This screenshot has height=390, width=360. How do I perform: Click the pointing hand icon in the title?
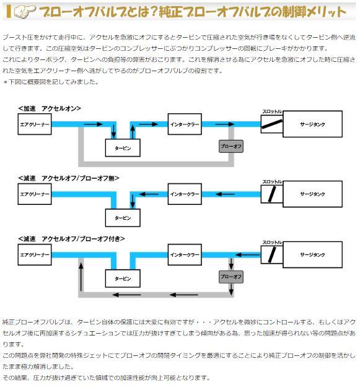(25, 11)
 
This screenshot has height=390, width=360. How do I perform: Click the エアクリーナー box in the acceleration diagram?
(35, 124)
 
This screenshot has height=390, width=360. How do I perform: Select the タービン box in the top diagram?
(123, 148)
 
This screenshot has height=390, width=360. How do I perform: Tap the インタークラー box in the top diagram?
(185, 124)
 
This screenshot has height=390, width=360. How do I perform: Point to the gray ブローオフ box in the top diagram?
(231, 146)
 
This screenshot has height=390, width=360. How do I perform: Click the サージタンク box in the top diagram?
(313, 124)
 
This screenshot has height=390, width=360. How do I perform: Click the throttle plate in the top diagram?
(272, 124)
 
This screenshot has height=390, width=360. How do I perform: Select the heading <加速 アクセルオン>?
(50, 108)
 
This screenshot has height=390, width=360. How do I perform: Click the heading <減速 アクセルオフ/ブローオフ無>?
(68, 178)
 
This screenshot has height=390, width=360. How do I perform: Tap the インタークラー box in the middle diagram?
(185, 194)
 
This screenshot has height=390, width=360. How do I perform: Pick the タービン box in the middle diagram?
(123, 218)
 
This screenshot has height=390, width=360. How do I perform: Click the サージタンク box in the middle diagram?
(313, 194)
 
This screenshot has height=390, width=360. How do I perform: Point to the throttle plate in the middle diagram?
(272, 194)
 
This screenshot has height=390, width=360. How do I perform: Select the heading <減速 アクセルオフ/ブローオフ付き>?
(71, 239)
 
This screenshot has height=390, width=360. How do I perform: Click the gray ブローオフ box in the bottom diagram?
(231, 277)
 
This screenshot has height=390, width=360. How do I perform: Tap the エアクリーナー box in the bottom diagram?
(35, 254)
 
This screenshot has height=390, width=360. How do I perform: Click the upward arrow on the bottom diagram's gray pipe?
(81, 277)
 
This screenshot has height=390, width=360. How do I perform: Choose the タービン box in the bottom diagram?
(123, 279)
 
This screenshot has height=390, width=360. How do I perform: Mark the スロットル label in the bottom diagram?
(272, 242)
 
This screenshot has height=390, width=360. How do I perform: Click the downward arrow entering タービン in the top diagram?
(113, 131)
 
